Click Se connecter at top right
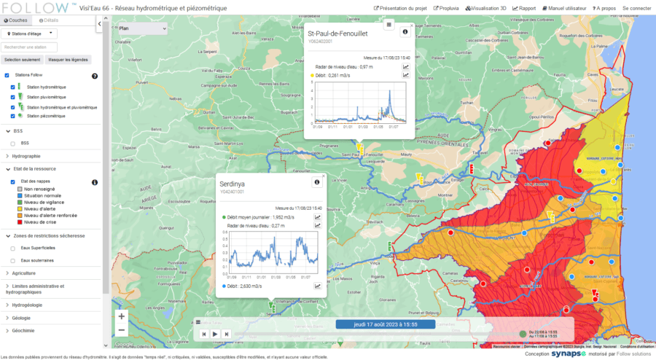point(637,8)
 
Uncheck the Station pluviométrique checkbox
point(13,97)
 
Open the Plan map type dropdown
point(141,28)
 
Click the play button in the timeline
point(215,334)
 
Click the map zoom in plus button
point(121,316)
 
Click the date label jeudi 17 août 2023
point(386,324)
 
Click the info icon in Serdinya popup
point(317,182)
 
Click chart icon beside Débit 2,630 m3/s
point(318,286)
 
